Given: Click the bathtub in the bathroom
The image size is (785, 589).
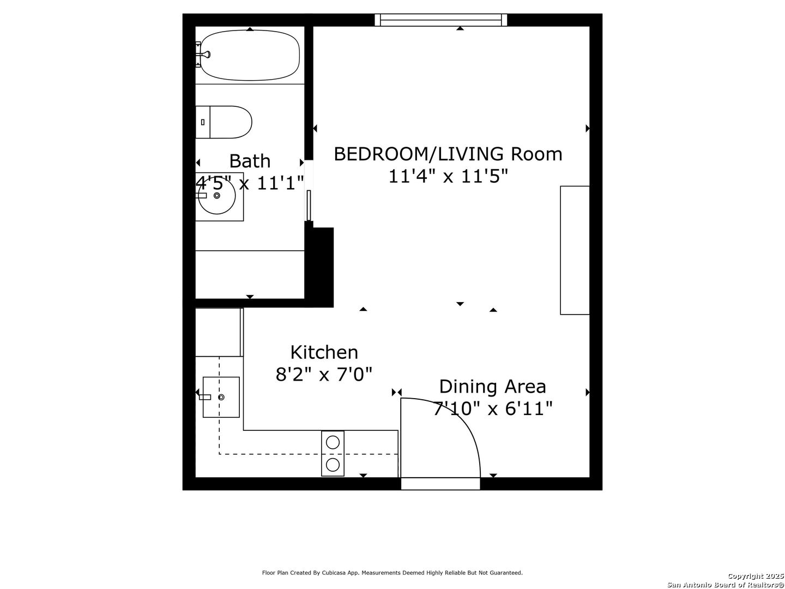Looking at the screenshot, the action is click(x=250, y=56).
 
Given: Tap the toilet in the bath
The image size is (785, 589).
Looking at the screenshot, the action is click(x=224, y=122).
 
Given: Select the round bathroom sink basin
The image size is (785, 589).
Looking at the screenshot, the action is click(x=217, y=196).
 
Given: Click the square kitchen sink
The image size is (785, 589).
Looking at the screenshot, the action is click(x=221, y=397).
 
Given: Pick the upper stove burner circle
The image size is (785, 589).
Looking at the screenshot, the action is click(x=333, y=442).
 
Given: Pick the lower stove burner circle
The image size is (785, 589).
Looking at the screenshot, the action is click(x=333, y=465).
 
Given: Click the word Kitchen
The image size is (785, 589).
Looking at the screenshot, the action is click(x=324, y=352).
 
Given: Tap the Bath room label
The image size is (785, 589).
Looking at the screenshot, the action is click(x=250, y=161).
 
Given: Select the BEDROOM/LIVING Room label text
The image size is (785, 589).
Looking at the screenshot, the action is click(x=448, y=154).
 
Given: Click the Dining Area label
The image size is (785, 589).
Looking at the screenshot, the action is click(x=492, y=387).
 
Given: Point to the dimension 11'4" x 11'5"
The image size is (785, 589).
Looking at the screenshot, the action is click(x=448, y=176).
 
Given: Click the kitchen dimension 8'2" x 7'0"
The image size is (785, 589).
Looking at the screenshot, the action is click(x=324, y=375).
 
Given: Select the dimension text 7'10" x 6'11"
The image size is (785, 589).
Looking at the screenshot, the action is click(x=493, y=408).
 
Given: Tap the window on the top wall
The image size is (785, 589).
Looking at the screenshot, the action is click(x=441, y=20).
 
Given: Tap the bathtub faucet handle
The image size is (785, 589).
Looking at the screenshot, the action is click(x=206, y=55).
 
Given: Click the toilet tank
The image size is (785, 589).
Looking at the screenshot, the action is click(x=203, y=122).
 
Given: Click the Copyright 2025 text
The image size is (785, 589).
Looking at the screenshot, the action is click(x=756, y=576).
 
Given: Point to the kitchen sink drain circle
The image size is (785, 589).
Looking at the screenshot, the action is click(x=221, y=397).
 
